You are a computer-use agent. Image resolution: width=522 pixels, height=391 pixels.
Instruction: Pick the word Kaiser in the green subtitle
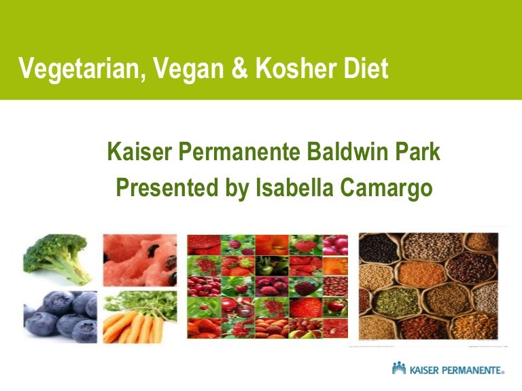coord(140,152)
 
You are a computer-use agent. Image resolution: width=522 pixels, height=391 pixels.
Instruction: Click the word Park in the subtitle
coord(418,152)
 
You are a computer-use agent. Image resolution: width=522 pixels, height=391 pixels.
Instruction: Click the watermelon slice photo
coord(139,260)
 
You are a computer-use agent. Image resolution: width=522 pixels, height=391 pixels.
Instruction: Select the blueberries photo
coord(60,316)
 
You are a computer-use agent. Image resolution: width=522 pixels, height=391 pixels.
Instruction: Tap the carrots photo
coord(139,315)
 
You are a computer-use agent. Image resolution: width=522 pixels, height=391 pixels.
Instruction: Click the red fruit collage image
coord(267,286)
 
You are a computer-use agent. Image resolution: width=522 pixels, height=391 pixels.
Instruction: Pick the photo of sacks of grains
coord(428,286)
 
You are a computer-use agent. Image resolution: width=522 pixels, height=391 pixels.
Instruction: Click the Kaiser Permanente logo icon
coord(399,369)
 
